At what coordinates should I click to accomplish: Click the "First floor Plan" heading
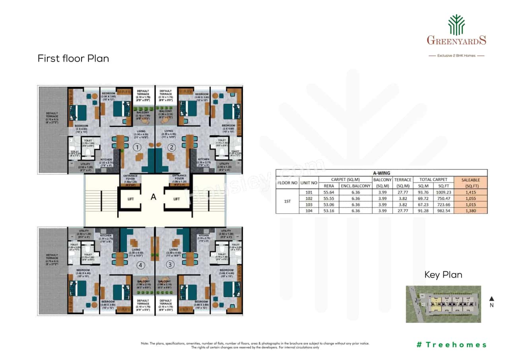pyautogui.click(x=73, y=58)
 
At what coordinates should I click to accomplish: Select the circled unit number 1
pyautogui.click(x=137, y=147)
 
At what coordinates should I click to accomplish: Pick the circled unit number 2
pyautogui.click(x=171, y=147)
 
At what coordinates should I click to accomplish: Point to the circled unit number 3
pyautogui.click(x=171, y=265)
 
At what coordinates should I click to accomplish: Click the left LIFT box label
pyautogui.click(x=130, y=199)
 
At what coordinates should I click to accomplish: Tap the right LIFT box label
pyautogui.click(x=177, y=199)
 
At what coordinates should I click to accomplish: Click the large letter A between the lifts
pyautogui.click(x=153, y=196)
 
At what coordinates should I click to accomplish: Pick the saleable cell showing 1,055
pyautogui.click(x=470, y=198)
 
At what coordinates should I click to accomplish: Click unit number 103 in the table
pyautogui.click(x=309, y=204)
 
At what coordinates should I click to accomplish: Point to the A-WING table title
pyautogui.click(x=381, y=173)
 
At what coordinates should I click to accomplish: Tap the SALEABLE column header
pyautogui.click(x=470, y=183)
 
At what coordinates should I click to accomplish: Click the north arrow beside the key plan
pyautogui.click(x=492, y=299)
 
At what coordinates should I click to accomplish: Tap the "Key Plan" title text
pyautogui.click(x=443, y=275)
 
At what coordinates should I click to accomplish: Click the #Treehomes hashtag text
pyautogui.click(x=451, y=344)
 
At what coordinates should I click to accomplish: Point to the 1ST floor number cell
pyautogui.click(x=287, y=201)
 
